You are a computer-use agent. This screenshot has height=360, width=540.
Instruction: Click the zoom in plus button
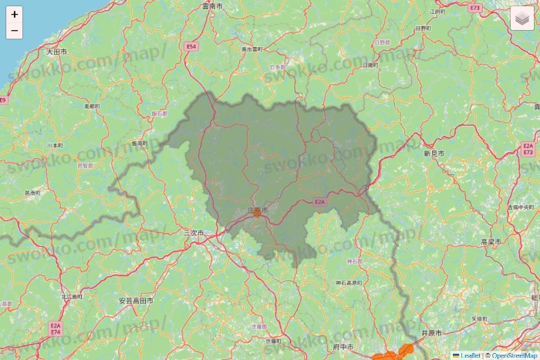coord(15,15)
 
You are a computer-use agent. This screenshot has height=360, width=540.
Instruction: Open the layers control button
coord(522,18)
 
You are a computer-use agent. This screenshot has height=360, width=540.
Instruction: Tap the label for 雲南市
coord(212,6)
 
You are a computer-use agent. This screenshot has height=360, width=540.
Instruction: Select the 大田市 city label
coord(56,52)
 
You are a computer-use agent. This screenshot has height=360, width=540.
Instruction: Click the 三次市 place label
coord(194,232)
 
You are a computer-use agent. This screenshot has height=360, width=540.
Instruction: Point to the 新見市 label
coord(436,153)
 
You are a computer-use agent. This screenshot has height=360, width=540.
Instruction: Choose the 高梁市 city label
coord(491,241)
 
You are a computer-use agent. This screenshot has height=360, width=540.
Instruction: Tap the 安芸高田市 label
coord(136,301)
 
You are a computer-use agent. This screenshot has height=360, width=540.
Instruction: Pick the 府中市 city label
coord(343,348)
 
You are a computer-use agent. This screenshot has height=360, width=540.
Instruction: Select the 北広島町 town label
coord(72,296)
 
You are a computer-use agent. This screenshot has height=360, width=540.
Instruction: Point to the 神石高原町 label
coord(350,283)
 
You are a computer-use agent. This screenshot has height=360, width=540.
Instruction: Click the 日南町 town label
coord(370,66)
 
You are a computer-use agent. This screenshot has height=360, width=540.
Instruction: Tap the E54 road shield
coord(192,47)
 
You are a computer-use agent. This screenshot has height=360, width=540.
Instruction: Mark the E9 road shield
coord(3,100)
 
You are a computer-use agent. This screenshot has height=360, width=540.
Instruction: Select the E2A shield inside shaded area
coord(320,201)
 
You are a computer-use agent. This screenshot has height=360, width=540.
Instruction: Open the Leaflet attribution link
coord(465,355)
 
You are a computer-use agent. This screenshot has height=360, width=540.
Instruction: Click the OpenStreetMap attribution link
coord(515,355)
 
